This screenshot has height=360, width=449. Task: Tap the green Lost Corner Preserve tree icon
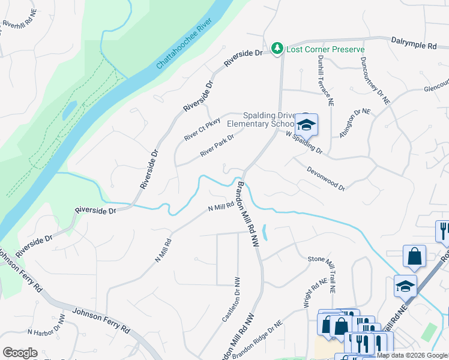(277, 49)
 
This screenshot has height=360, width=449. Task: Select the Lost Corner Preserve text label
(325, 49)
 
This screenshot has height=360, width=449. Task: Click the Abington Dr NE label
(355, 124)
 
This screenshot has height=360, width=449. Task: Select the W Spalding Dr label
(304, 142)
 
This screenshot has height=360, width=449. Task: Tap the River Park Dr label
(217, 145)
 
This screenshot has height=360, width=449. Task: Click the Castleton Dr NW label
(231, 299)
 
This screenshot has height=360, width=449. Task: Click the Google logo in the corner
(19, 352)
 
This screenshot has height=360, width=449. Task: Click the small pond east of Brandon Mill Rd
(265, 233)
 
